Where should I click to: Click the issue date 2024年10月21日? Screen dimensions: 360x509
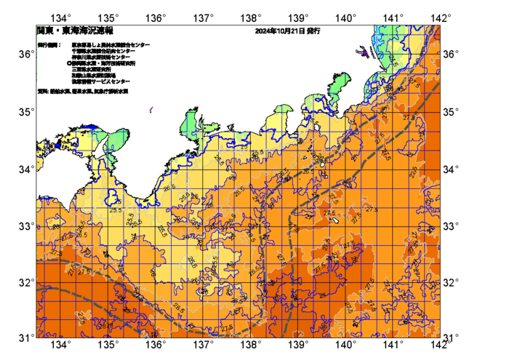click(280, 32)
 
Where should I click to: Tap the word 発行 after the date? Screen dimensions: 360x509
click(315, 32)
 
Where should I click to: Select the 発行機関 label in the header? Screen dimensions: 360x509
click(49, 45)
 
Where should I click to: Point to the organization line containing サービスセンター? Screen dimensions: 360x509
click(100, 81)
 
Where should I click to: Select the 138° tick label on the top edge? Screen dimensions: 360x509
click(251, 17)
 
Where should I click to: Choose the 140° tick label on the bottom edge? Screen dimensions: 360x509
click(345, 344)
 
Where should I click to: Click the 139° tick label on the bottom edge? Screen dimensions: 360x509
click(298, 344)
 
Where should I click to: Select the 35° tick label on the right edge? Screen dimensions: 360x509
click(451, 111)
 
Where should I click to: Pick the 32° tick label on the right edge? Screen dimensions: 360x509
click(451, 282)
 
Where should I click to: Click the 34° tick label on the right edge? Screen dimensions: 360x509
click(451, 169)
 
